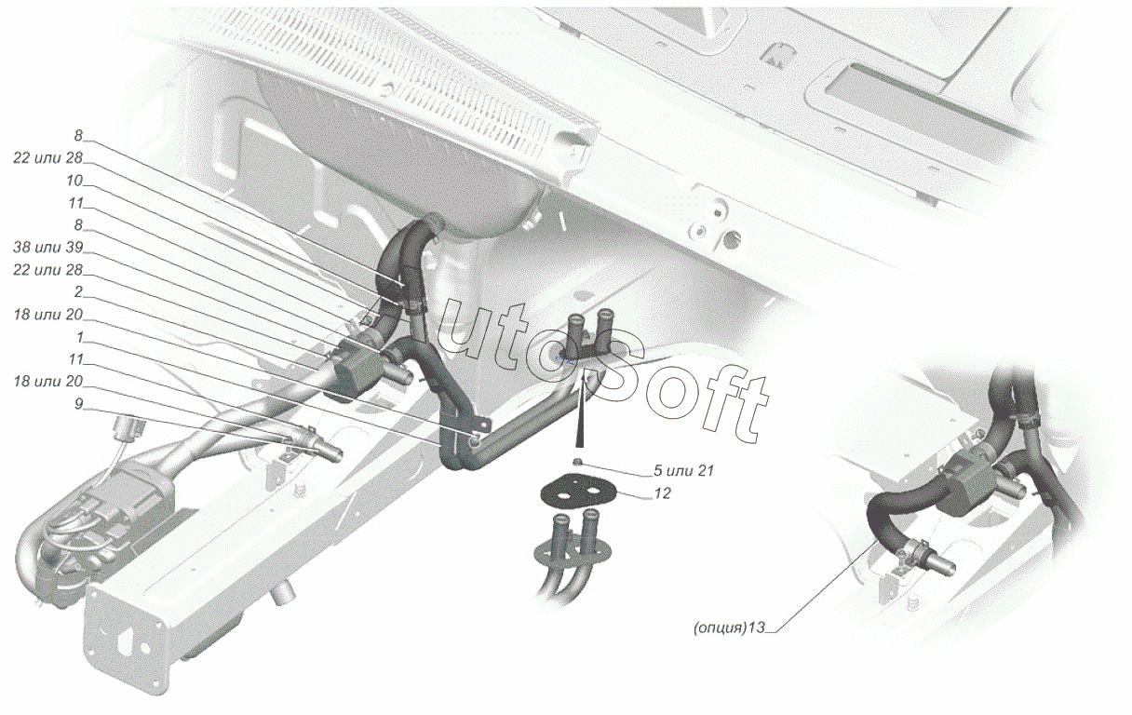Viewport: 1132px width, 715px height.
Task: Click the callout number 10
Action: [x=74, y=181]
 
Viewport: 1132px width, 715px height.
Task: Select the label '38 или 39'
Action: [x=48, y=247]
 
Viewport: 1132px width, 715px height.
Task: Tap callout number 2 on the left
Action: [x=78, y=291]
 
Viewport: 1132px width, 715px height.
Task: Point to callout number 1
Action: [x=79, y=336]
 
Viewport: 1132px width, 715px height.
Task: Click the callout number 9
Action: [x=78, y=404]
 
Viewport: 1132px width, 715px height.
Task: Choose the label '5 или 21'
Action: [x=683, y=470]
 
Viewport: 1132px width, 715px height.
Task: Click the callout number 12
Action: [x=662, y=493]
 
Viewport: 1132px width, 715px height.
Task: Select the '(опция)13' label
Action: [x=729, y=627]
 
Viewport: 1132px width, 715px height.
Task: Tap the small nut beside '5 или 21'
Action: [x=577, y=462]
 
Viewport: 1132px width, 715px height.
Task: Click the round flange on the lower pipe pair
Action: [x=572, y=553]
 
